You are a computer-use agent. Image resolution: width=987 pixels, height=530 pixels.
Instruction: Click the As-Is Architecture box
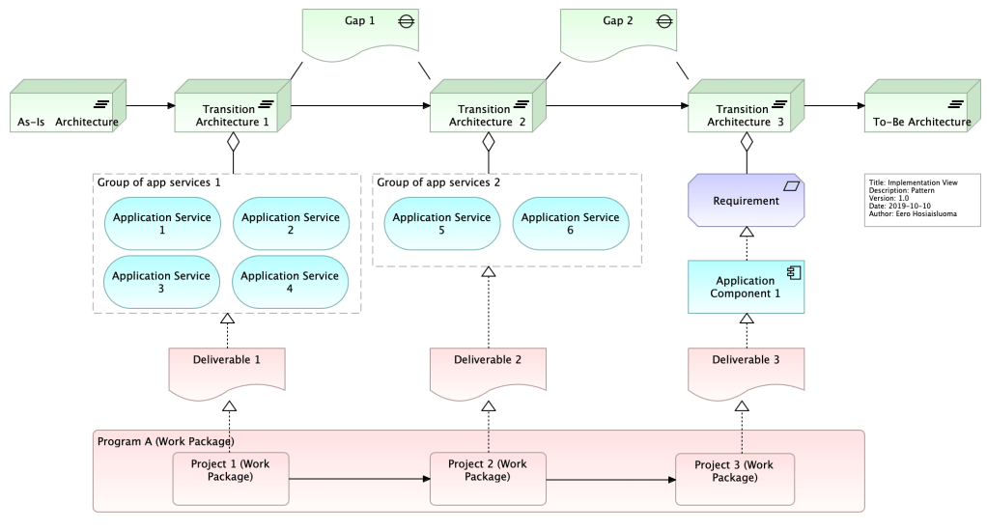(x=65, y=111)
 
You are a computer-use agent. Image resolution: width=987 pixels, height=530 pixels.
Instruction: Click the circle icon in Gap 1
(x=408, y=21)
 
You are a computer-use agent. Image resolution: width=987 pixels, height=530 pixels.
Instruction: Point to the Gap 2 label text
(x=619, y=21)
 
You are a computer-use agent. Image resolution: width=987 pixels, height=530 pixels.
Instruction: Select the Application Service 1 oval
(x=162, y=224)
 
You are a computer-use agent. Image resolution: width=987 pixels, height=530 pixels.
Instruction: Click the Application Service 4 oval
(x=291, y=282)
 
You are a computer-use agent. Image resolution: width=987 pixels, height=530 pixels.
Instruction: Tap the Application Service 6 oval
(x=570, y=224)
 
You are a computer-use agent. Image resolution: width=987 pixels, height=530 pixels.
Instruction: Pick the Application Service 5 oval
(x=441, y=224)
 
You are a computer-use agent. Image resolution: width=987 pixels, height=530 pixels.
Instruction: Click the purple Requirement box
(x=746, y=201)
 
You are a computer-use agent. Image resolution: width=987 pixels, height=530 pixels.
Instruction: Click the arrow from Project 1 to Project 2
(x=357, y=478)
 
